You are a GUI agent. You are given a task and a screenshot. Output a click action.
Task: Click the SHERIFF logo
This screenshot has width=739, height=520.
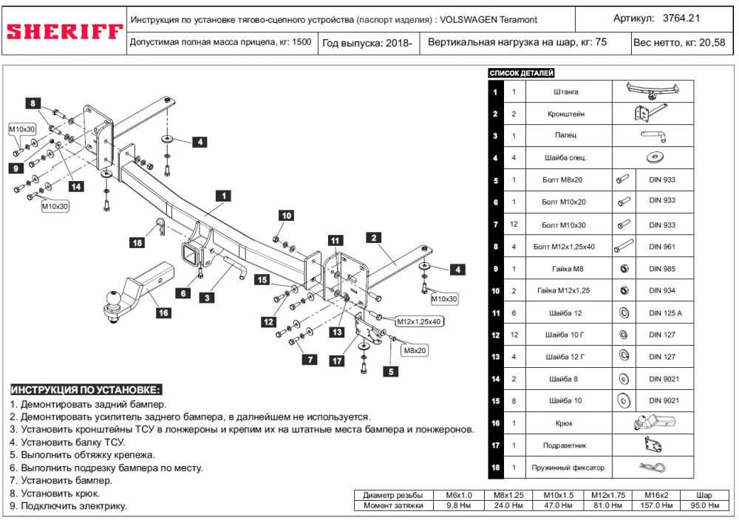(x=64, y=32)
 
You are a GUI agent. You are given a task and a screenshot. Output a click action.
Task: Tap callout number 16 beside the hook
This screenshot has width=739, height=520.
(x=163, y=312)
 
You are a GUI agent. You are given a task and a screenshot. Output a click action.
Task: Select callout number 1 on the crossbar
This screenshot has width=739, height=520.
(x=221, y=196)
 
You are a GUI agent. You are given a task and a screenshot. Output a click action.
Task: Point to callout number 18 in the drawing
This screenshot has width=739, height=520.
(x=137, y=242)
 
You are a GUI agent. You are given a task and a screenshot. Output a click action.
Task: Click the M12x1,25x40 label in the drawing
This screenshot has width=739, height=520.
(x=418, y=322)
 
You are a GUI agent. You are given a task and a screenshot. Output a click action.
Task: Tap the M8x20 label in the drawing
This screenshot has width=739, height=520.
(x=415, y=350)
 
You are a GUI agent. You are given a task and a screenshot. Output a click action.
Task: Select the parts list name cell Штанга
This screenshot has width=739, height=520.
(x=565, y=92)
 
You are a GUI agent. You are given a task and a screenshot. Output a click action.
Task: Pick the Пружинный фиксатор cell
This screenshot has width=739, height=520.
(x=568, y=468)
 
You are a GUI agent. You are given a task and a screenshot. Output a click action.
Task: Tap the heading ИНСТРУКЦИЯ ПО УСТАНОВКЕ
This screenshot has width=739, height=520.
(x=85, y=389)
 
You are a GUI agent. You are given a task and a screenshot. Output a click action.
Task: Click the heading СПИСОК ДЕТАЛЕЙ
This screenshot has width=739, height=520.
(x=521, y=73)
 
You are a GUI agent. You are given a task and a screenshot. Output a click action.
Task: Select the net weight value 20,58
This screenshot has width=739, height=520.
(x=711, y=43)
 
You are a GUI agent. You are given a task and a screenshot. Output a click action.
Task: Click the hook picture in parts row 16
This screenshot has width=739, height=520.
(x=653, y=424)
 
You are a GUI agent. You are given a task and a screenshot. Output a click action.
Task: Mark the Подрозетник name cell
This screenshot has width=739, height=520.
(x=567, y=446)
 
